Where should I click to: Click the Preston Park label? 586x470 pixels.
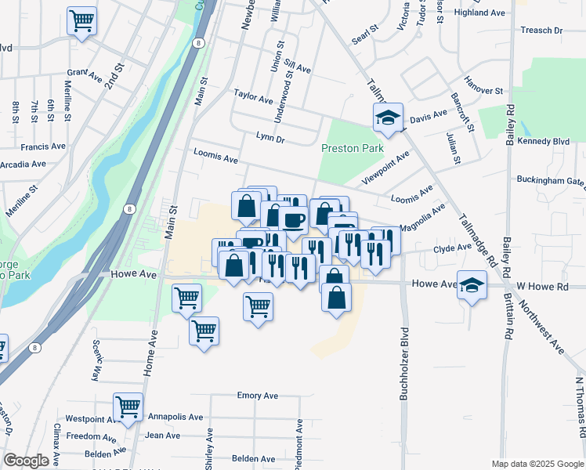(351, 148)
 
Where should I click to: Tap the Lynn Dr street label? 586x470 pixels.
(269, 138)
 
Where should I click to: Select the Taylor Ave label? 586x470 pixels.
(253, 97)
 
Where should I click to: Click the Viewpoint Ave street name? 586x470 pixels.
(385, 168)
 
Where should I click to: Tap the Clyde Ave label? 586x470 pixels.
(454, 248)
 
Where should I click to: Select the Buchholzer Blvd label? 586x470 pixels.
(404, 363)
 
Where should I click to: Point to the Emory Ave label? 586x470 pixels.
(258, 396)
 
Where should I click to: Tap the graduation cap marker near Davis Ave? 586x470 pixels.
(387, 118)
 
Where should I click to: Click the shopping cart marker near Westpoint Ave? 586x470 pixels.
(128, 407)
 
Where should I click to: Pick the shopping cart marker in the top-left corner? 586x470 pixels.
(81, 21)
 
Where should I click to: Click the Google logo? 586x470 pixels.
(27, 461)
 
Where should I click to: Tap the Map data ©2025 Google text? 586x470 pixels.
(537, 464)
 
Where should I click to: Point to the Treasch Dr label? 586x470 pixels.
(541, 31)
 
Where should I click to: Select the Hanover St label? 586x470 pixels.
(483, 91)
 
